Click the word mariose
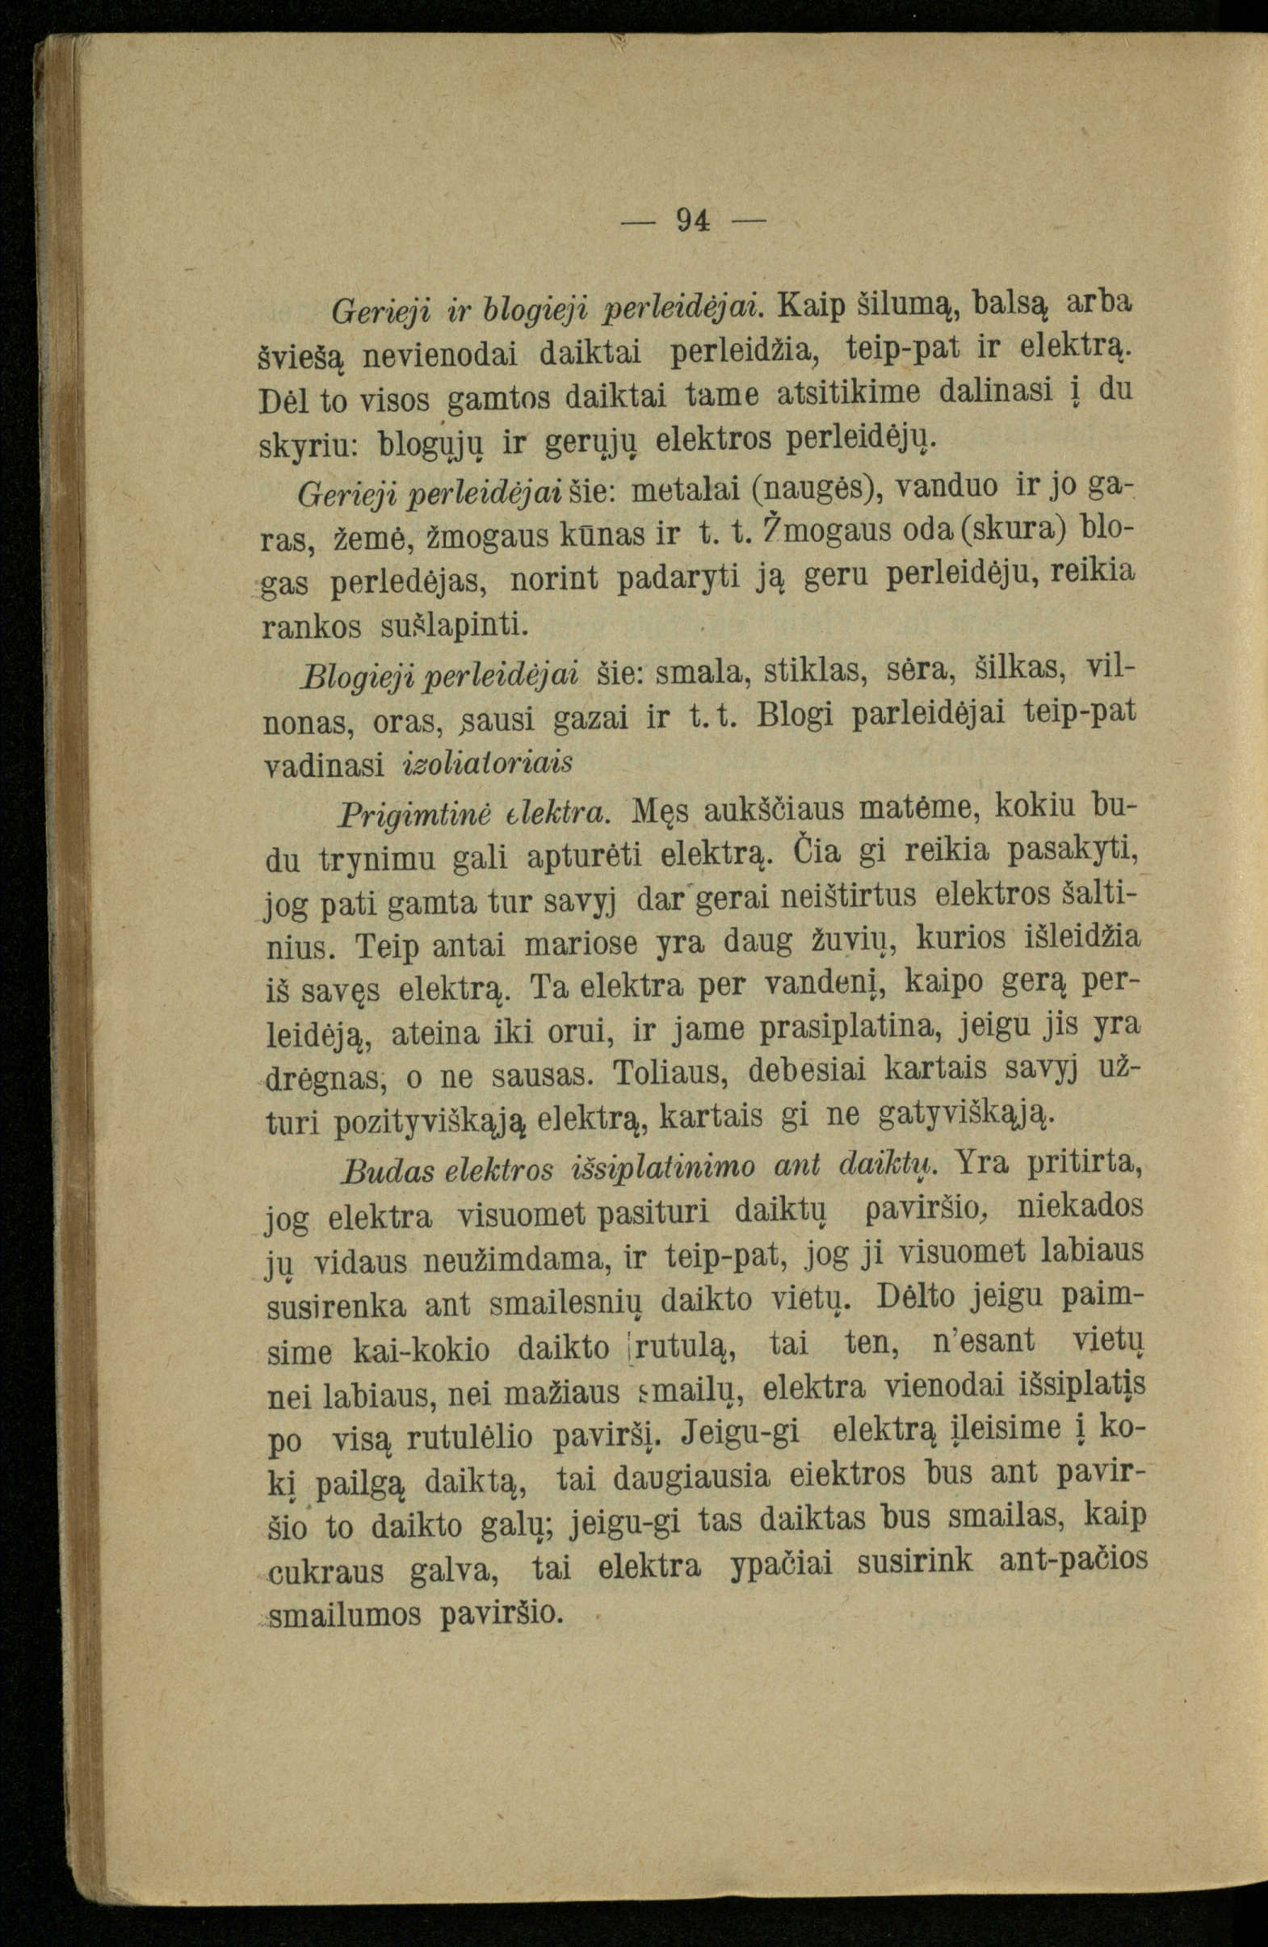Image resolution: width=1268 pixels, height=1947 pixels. click(582, 943)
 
